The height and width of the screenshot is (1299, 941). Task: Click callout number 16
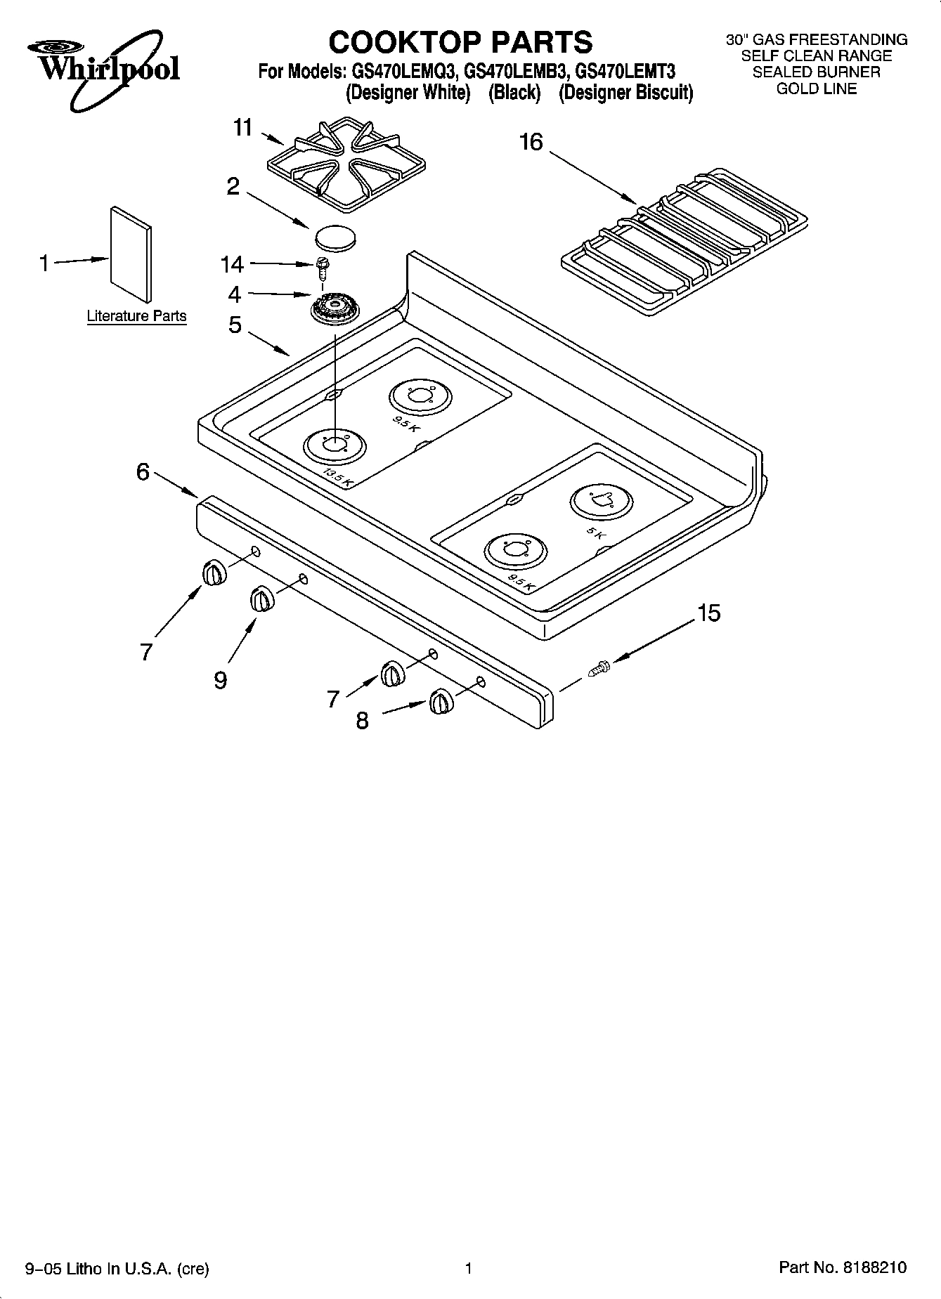click(x=531, y=143)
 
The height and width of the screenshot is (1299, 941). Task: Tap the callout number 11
click(x=242, y=128)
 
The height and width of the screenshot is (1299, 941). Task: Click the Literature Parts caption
click(x=136, y=316)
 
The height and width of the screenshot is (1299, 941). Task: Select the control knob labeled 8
click(x=441, y=703)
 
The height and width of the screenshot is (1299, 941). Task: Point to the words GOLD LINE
click(x=816, y=89)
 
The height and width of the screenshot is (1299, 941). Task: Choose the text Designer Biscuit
click(x=625, y=93)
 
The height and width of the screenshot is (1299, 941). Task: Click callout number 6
click(x=143, y=472)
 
